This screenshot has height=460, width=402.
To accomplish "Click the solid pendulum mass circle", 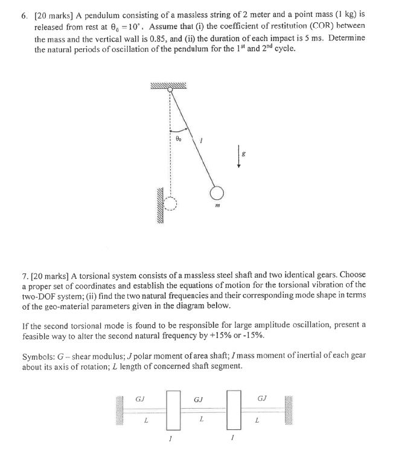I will pyautogui.click(x=217, y=193).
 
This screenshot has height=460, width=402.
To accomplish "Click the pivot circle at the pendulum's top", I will pyautogui.click(x=170, y=90).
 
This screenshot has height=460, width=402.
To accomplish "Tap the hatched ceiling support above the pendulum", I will pyautogui.click(x=169, y=84).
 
